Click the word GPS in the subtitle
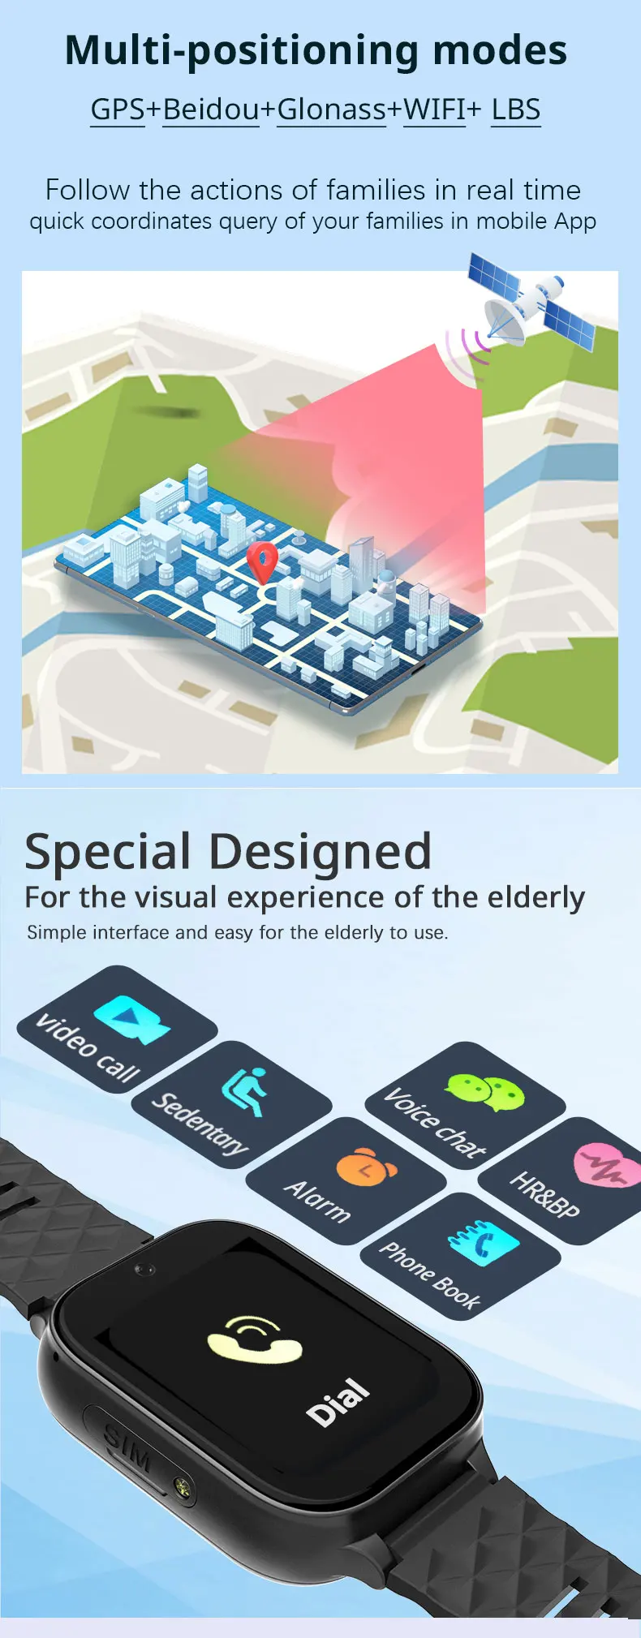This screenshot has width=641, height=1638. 118,109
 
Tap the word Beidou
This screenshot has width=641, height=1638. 211,109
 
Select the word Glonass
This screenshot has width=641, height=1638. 331,109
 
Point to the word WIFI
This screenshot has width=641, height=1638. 434,109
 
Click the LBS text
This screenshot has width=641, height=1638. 516,109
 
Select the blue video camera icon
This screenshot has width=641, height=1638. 131,1020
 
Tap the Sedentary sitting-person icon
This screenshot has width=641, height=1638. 246,1091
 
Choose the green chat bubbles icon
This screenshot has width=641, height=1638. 485,1092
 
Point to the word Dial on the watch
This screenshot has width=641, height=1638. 338,1401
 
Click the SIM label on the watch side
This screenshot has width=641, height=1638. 127,1447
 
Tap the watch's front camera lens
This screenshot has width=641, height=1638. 145,1268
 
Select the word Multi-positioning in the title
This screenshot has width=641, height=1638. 240,50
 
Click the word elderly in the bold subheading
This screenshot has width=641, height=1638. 536,898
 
